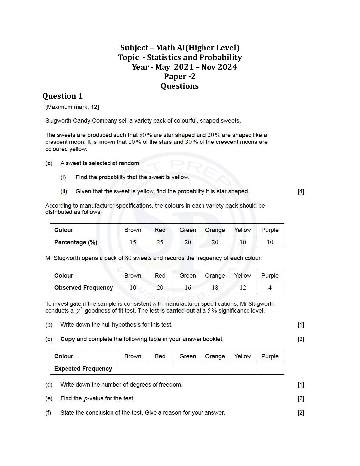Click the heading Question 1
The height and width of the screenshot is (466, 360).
click(x=62, y=96)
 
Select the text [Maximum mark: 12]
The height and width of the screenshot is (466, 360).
click(x=72, y=107)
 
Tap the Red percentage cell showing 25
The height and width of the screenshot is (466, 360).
click(x=160, y=242)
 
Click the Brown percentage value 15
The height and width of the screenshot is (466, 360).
click(x=133, y=242)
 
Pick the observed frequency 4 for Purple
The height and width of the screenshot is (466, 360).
click(x=270, y=288)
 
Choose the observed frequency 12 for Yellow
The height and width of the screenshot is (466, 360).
click(x=243, y=288)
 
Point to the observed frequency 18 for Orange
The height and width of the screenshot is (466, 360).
click(x=215, y=288)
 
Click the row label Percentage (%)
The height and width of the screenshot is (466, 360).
click(x=76, y=242)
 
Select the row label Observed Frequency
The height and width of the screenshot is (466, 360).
click(x=83, y=288)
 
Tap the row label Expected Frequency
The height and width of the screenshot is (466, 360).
click(x=83, y=369)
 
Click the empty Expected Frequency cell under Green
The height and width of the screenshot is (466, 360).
click(x=188, y=369)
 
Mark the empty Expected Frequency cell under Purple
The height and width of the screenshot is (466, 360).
click(x=270, y=369)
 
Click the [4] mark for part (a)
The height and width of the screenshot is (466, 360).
click(x=301, y=191)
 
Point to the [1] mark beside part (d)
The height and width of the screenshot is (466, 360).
click(x=301, y=385)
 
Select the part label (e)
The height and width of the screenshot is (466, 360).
click(x=49, y=398)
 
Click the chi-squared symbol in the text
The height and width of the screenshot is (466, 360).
click(x=79, y=311)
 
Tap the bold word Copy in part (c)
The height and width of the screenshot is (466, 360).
click(x=67, y=339)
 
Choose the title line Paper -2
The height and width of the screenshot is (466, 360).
click(x=180, y=76)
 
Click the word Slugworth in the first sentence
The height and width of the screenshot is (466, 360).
click(x=58, y=121)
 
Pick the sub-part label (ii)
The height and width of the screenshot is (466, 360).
click(x=64, y=191)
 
